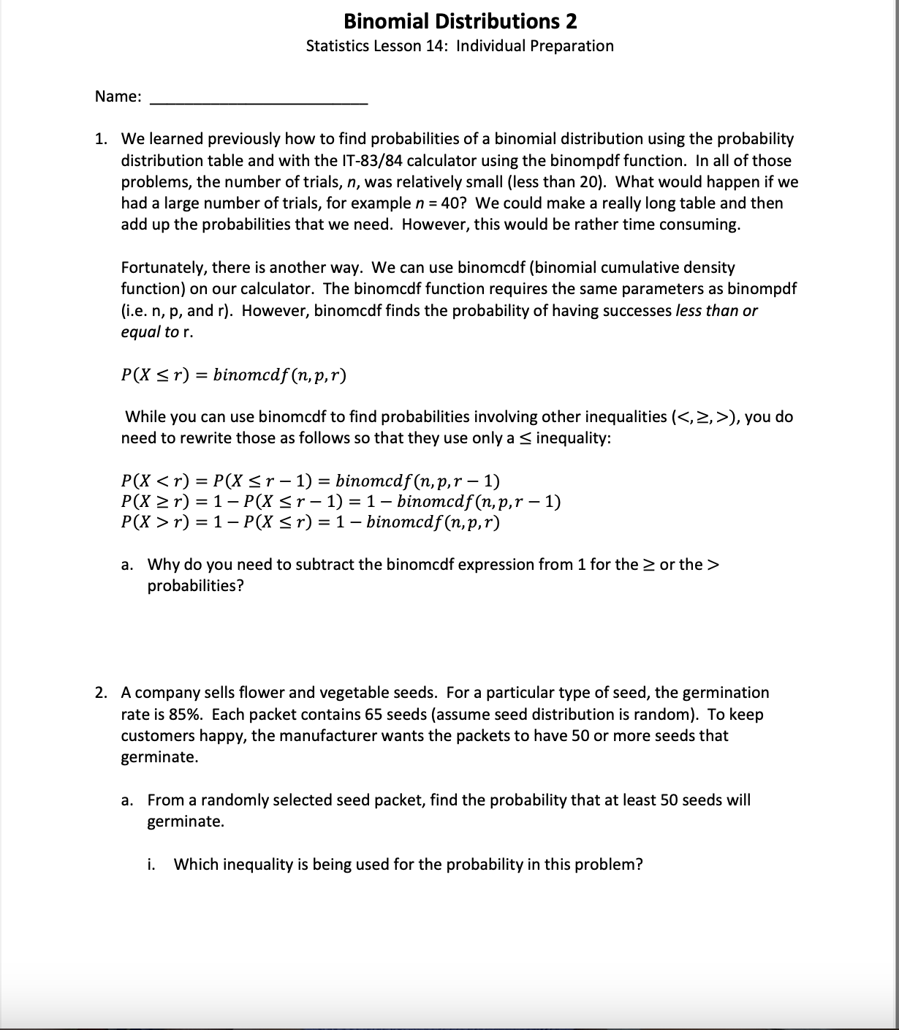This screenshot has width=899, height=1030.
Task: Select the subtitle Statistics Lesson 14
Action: (x=378, y=46)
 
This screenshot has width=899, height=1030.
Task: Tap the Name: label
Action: (x=118, y=97)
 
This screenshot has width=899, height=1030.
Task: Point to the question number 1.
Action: (x=102, y=139)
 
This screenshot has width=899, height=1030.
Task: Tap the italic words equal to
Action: (x=149, y=331)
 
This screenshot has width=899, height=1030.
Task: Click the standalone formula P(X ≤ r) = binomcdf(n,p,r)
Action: (x=234, y=375)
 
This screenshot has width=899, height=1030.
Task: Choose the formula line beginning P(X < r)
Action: (x=311, y=481)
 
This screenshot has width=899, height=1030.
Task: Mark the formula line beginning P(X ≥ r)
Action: (x=341, y=502)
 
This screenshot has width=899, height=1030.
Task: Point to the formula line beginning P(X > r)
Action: (x=311, y=522)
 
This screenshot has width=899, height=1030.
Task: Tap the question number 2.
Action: (x=102, y=693)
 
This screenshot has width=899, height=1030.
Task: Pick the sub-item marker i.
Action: (x=151, y=865)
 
